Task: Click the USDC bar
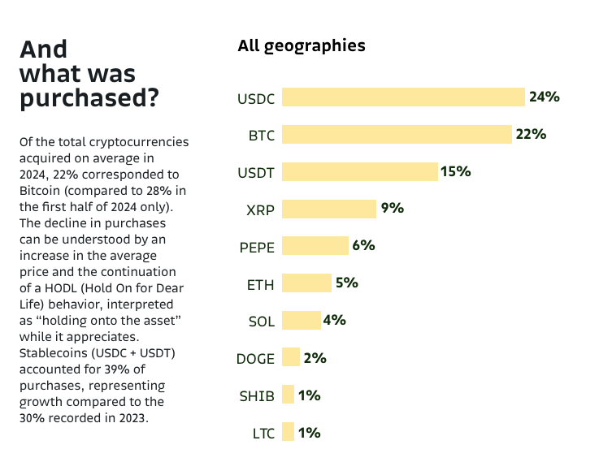(x=403, y=97)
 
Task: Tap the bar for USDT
(x=360, y=171)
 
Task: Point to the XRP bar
(x=329, y=209)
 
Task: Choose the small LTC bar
(x=288, y=433)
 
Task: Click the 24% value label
(x=544, y=97)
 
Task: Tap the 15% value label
(x=455, y=171)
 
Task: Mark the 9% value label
(x=392, y=209)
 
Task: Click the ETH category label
(x=260, y=284)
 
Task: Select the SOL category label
(x=261, y=322)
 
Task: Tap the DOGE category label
(x=255, y=359)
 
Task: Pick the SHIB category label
(x=256, y=396)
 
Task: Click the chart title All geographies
(x=301, y=45)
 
